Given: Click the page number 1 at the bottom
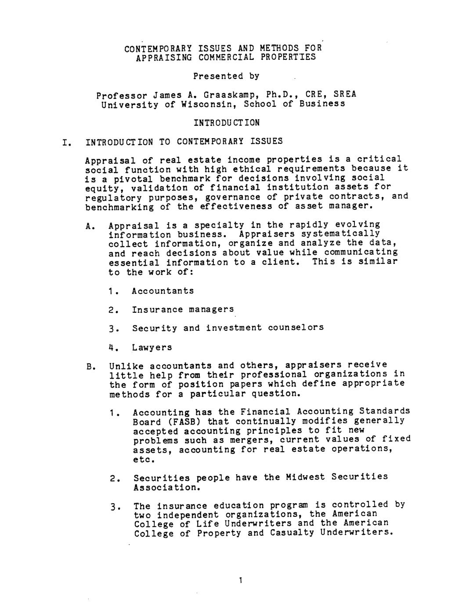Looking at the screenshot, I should point(240,580).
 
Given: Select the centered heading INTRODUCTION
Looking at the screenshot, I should point(227,123).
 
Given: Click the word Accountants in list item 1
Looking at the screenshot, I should point(163,291).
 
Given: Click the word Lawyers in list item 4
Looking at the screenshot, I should point(152,347).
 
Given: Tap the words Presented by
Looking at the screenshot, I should point(226,76).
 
